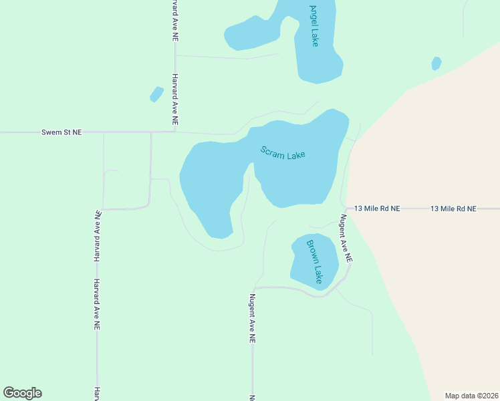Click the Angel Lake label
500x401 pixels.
pyautogui.click(x=314, y=26)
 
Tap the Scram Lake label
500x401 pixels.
pyautogui.click(x=283, y=153)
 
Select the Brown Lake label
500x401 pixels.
pyautogui.click(x=314, y=261)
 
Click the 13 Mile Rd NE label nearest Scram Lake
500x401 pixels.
pyautogui.click(x=377, y=209)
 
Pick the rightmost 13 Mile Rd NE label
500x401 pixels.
pyautogui.click(x=453, y=209)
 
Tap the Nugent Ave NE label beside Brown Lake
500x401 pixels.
pyautogui.click(x=345, y=238)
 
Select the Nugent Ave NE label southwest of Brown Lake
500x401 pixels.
pyautogui.click(x=253, y=319)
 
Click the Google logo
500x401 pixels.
pyautogui.click(x=22, y=393)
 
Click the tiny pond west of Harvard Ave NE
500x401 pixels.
pyautogui.click(x=156, y=94)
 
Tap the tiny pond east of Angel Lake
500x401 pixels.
pyautogui.click(x=436, y=63)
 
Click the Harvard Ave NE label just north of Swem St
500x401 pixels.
pyautogui.click(x=174, y=100)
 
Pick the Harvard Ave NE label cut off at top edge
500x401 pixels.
pyautogui.click(x=174, y=20)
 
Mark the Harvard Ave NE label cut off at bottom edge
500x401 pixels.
pyautogui.click(x=97, y=393)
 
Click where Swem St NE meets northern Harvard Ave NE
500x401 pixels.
pyautogui.click(x=174, y=132)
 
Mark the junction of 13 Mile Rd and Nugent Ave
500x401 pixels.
pyautogui.click(x=344, y=209)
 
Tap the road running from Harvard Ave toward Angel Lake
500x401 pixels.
pyautogui.click(x=227, y=57)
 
